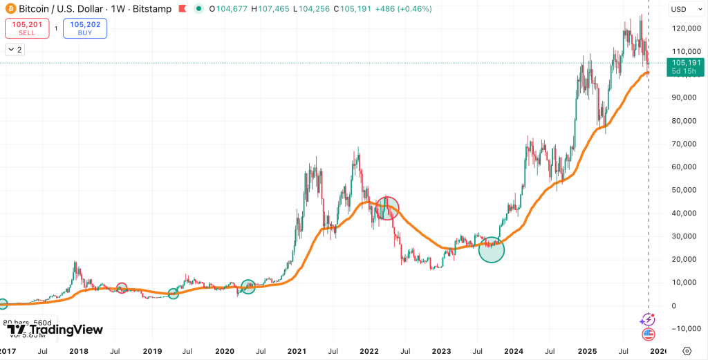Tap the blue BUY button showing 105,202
tap(84, 28)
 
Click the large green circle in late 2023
tap(492, 249)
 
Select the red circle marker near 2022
tap(387, 208)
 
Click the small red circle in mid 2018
tap(122, 288)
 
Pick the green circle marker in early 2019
tap(173, 294)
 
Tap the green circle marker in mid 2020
tap(248, 286)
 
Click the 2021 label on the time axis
tap(297, 351)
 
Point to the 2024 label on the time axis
tap(514, 351)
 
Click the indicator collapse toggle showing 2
tap(15, 49)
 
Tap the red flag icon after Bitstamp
tap(183, 9)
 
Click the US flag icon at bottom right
tap(648, 334)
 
